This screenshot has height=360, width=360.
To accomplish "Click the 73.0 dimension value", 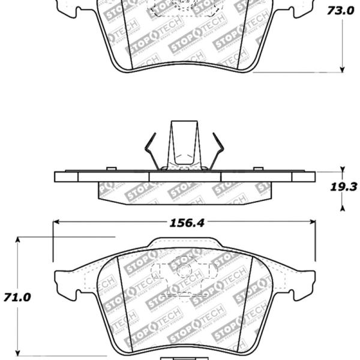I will tap(340, 11).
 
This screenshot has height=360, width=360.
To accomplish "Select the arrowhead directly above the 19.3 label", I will tap(342, 170).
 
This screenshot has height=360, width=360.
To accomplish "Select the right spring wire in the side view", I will tap(218, 153).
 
